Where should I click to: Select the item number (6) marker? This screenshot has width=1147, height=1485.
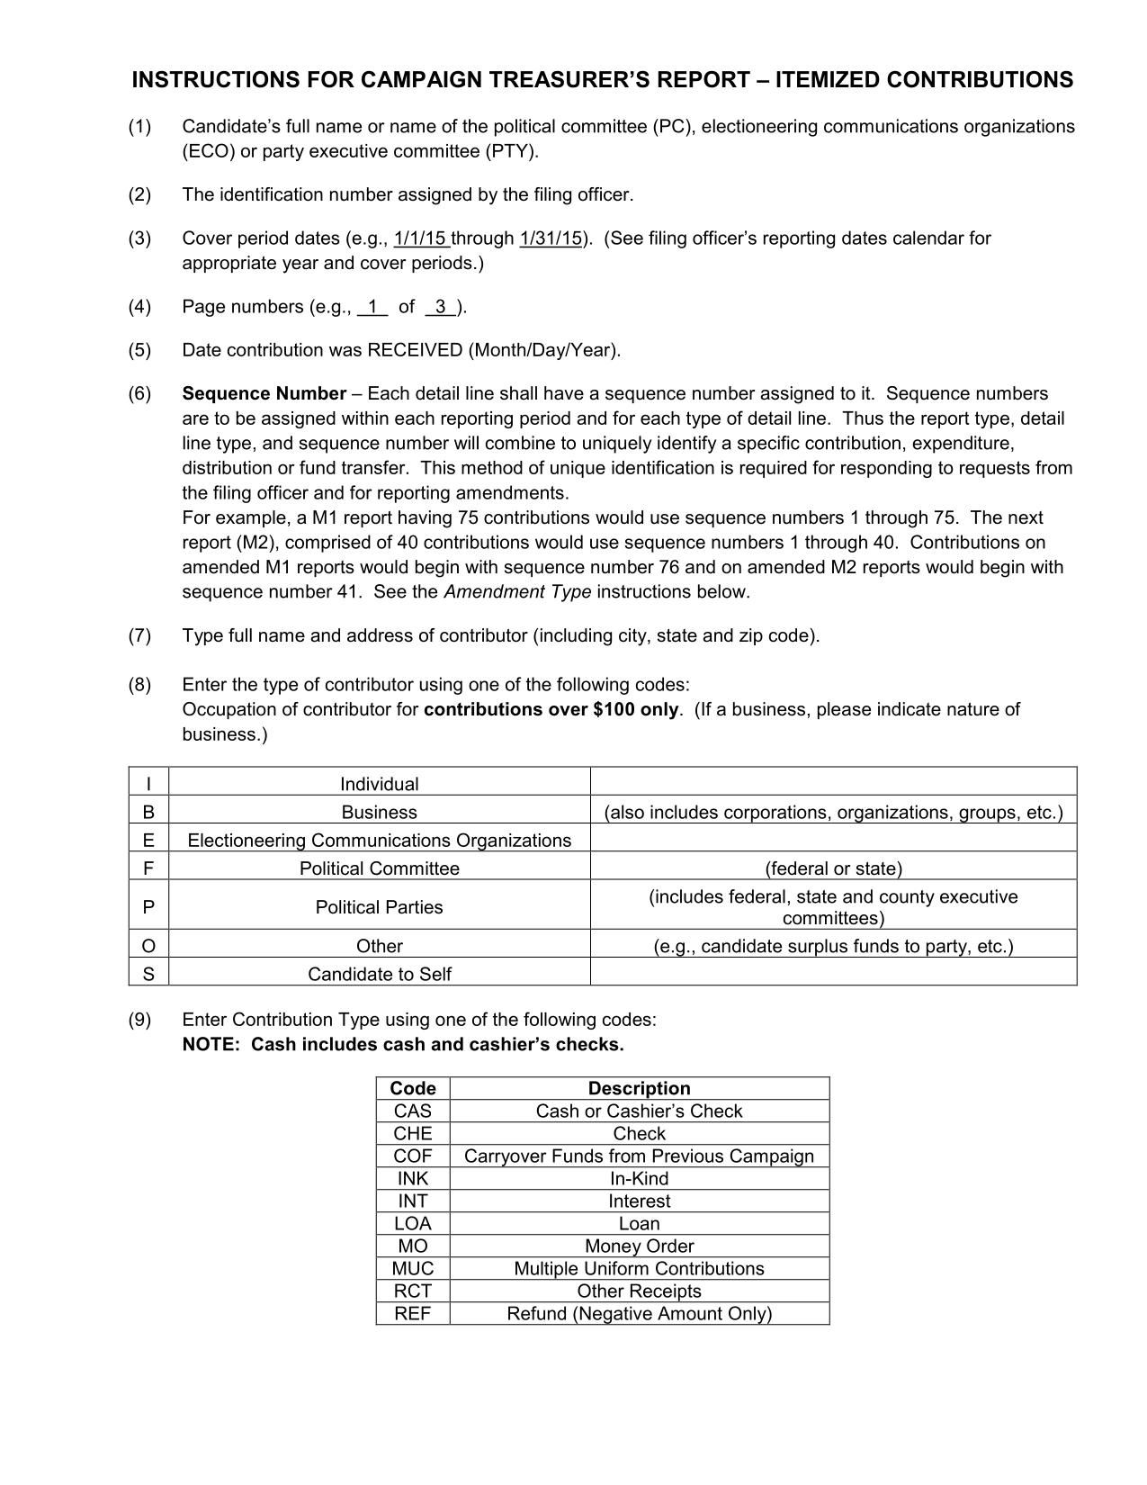point(139,393)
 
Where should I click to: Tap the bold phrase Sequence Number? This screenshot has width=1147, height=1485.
point(264,393)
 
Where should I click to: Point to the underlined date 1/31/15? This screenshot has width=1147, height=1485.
point(551,238)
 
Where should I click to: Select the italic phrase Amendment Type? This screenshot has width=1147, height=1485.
point(517,591)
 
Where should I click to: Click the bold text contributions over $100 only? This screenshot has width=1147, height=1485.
point(551,709)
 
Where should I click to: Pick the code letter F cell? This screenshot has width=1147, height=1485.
point(148,868)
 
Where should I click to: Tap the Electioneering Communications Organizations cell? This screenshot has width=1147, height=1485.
point(379,841)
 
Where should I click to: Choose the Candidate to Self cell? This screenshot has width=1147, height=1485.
point(379,974)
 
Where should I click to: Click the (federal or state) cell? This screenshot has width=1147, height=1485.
point(833,868)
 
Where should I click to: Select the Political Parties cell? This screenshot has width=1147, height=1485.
point(379,907)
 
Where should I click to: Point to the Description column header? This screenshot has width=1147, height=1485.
point(639,1088)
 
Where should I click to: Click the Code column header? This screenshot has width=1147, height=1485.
point(413,1088)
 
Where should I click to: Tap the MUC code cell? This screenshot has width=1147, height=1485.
point(413,1268)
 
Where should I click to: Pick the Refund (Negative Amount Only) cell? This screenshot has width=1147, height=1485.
point(639,1313)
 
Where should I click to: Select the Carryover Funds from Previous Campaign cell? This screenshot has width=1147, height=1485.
point(639,1156)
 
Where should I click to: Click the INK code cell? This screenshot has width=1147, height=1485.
point(413,1178)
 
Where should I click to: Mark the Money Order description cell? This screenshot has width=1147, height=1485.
point(639,1246)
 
